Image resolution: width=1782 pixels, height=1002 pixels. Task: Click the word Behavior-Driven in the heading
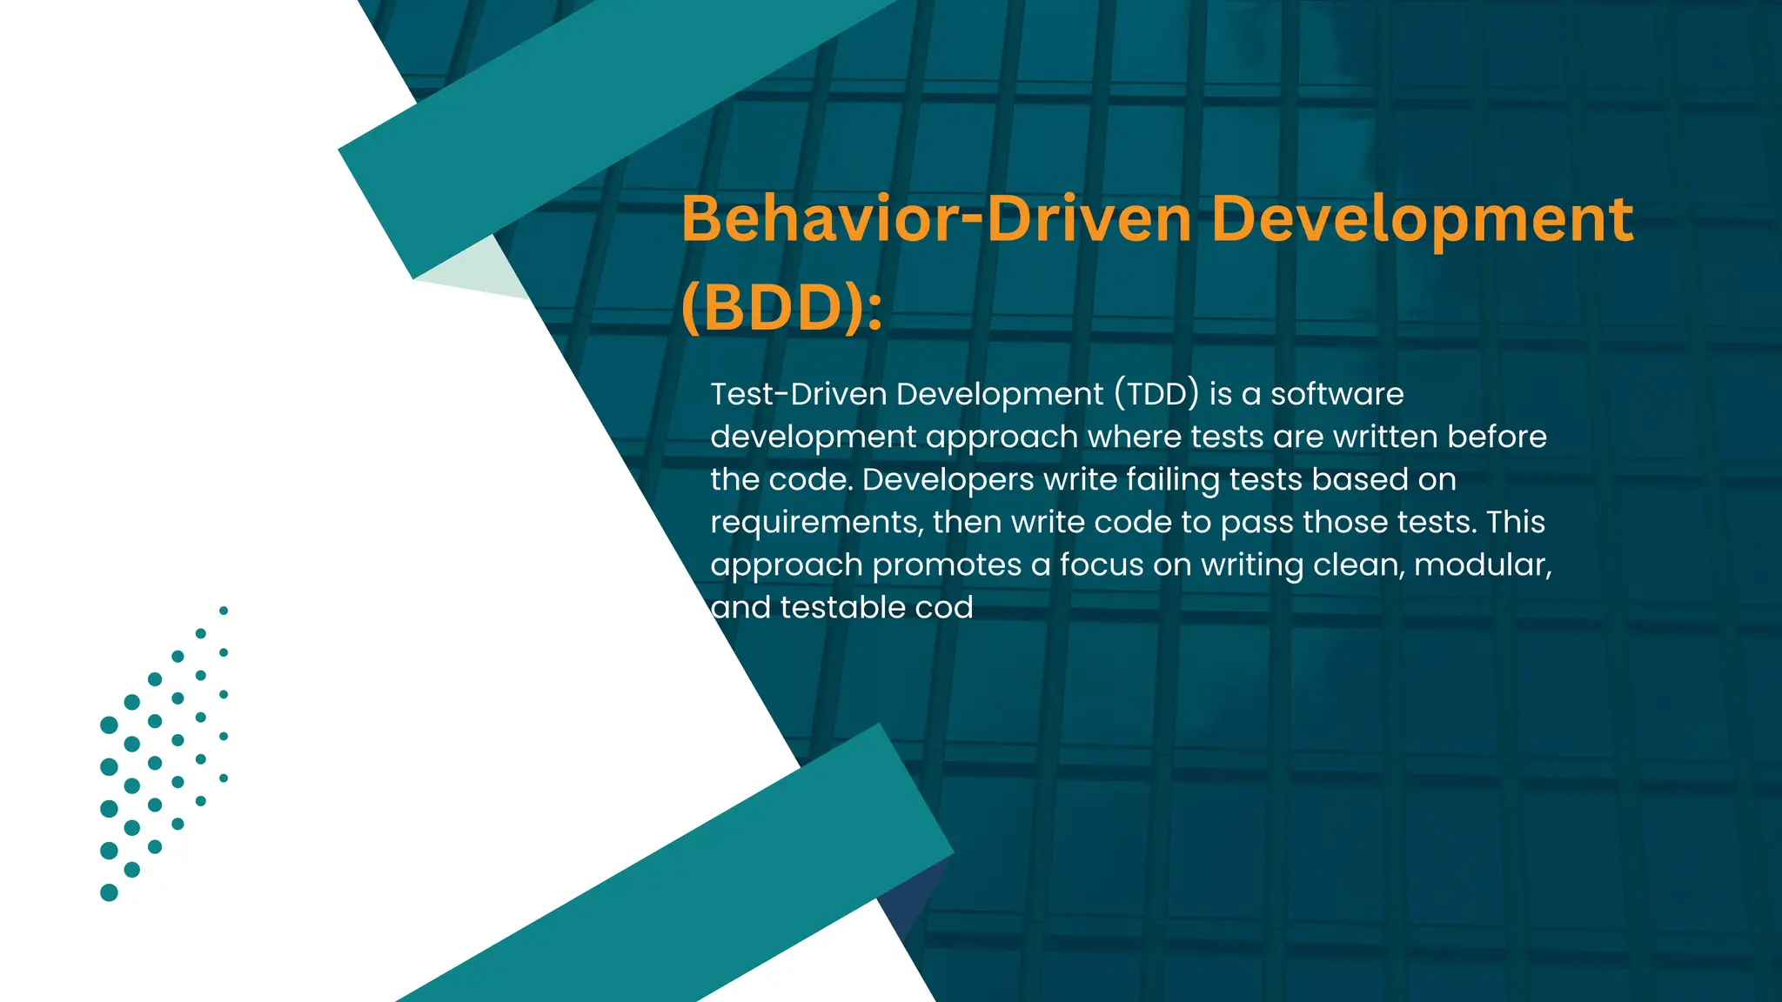tap(936, 219)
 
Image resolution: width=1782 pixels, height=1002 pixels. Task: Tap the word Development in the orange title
tap(1422, 219)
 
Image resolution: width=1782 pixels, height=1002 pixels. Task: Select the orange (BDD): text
tap(780, 308)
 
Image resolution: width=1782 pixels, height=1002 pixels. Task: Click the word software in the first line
tap(1336, 394)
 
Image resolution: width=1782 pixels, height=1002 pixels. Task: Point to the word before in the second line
tap(1497, 437)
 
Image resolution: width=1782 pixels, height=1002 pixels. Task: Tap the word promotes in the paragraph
tap(947, 564)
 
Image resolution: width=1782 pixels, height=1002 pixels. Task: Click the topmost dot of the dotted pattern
tap(224, 611)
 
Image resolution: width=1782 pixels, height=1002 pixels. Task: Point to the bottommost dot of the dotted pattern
tap(109, 892)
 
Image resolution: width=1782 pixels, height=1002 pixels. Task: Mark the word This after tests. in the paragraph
tap(1516, 522)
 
